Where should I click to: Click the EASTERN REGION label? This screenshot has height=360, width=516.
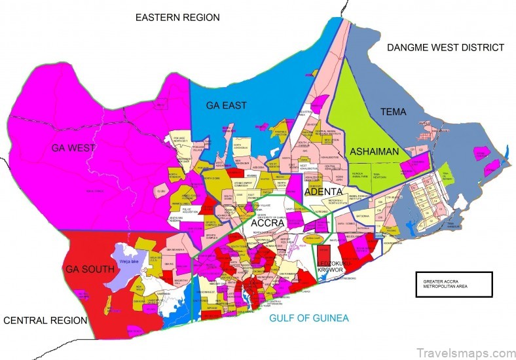click(177, 17)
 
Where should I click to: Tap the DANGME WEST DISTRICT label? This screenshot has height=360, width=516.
click(445, 47)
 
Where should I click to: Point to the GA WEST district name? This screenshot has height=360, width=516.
click(73, 148)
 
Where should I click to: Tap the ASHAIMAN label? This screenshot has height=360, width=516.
click(374, 151)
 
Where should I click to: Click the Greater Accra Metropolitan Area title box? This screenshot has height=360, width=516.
click(454, 284)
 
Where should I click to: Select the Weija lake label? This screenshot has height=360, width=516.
click(128, 261)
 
